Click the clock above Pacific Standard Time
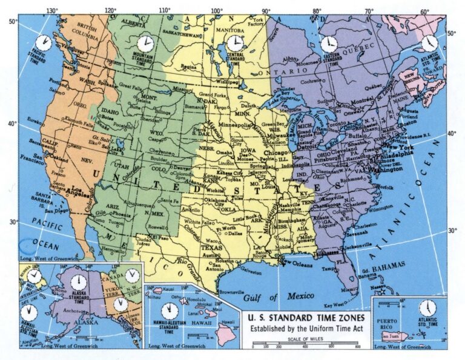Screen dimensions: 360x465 tap(42, 43)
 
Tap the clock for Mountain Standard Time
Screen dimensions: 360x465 tap(145, 44)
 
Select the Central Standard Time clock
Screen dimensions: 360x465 tap(234, 44)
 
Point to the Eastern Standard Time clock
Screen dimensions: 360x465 tap(329, 44)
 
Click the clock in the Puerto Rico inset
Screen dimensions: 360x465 tap(427, 307)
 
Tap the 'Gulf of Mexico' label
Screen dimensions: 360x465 tap(280, 296)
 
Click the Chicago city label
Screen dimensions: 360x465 tap(277, 154)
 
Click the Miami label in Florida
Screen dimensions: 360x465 tap(348, 289)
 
